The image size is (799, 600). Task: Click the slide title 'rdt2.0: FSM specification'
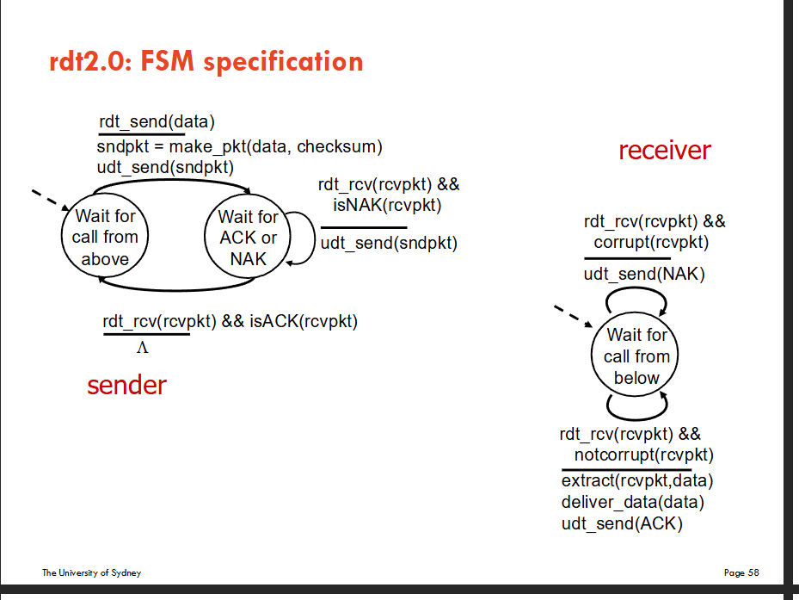tap(207, 62)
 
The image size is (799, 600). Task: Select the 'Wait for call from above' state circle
tap(105, 237)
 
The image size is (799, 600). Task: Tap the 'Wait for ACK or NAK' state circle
tap(248, 238)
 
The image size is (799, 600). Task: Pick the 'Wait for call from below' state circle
tap(636, 356)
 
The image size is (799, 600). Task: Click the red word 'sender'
tap(126, 385)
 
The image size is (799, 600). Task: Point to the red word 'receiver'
tap(664, 151)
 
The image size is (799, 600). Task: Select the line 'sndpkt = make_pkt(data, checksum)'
tap(240, 146)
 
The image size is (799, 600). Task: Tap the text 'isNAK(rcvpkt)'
tap(387, 205)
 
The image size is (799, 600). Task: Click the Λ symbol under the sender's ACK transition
tap(143, 347)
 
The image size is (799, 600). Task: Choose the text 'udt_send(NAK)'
tap(644, 275)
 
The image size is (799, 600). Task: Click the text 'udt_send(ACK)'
tap(622, 523)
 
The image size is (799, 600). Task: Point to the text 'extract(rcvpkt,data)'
tap(637, 480)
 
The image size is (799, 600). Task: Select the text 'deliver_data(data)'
tap(632, 502)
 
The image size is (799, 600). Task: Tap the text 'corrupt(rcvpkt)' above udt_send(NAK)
tap(651, 242)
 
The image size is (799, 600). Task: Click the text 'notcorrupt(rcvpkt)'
tap(644, 455)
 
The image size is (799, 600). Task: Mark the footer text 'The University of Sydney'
tap(91, 572)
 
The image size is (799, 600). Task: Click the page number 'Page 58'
tap(741, 572)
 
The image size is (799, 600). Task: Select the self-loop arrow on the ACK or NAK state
tap(305, 238)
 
